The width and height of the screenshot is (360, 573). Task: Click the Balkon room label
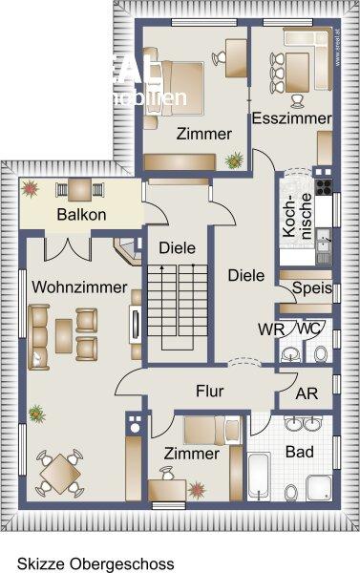80,214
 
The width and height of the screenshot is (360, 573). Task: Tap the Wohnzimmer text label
74,286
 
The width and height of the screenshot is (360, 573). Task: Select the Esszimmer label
291,119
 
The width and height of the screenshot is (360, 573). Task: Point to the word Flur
210,391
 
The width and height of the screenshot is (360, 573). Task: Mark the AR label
307,393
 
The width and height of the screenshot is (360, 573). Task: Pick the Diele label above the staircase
177,247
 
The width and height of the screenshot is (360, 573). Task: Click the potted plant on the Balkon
32,189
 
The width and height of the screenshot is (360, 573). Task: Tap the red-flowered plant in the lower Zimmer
197,490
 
